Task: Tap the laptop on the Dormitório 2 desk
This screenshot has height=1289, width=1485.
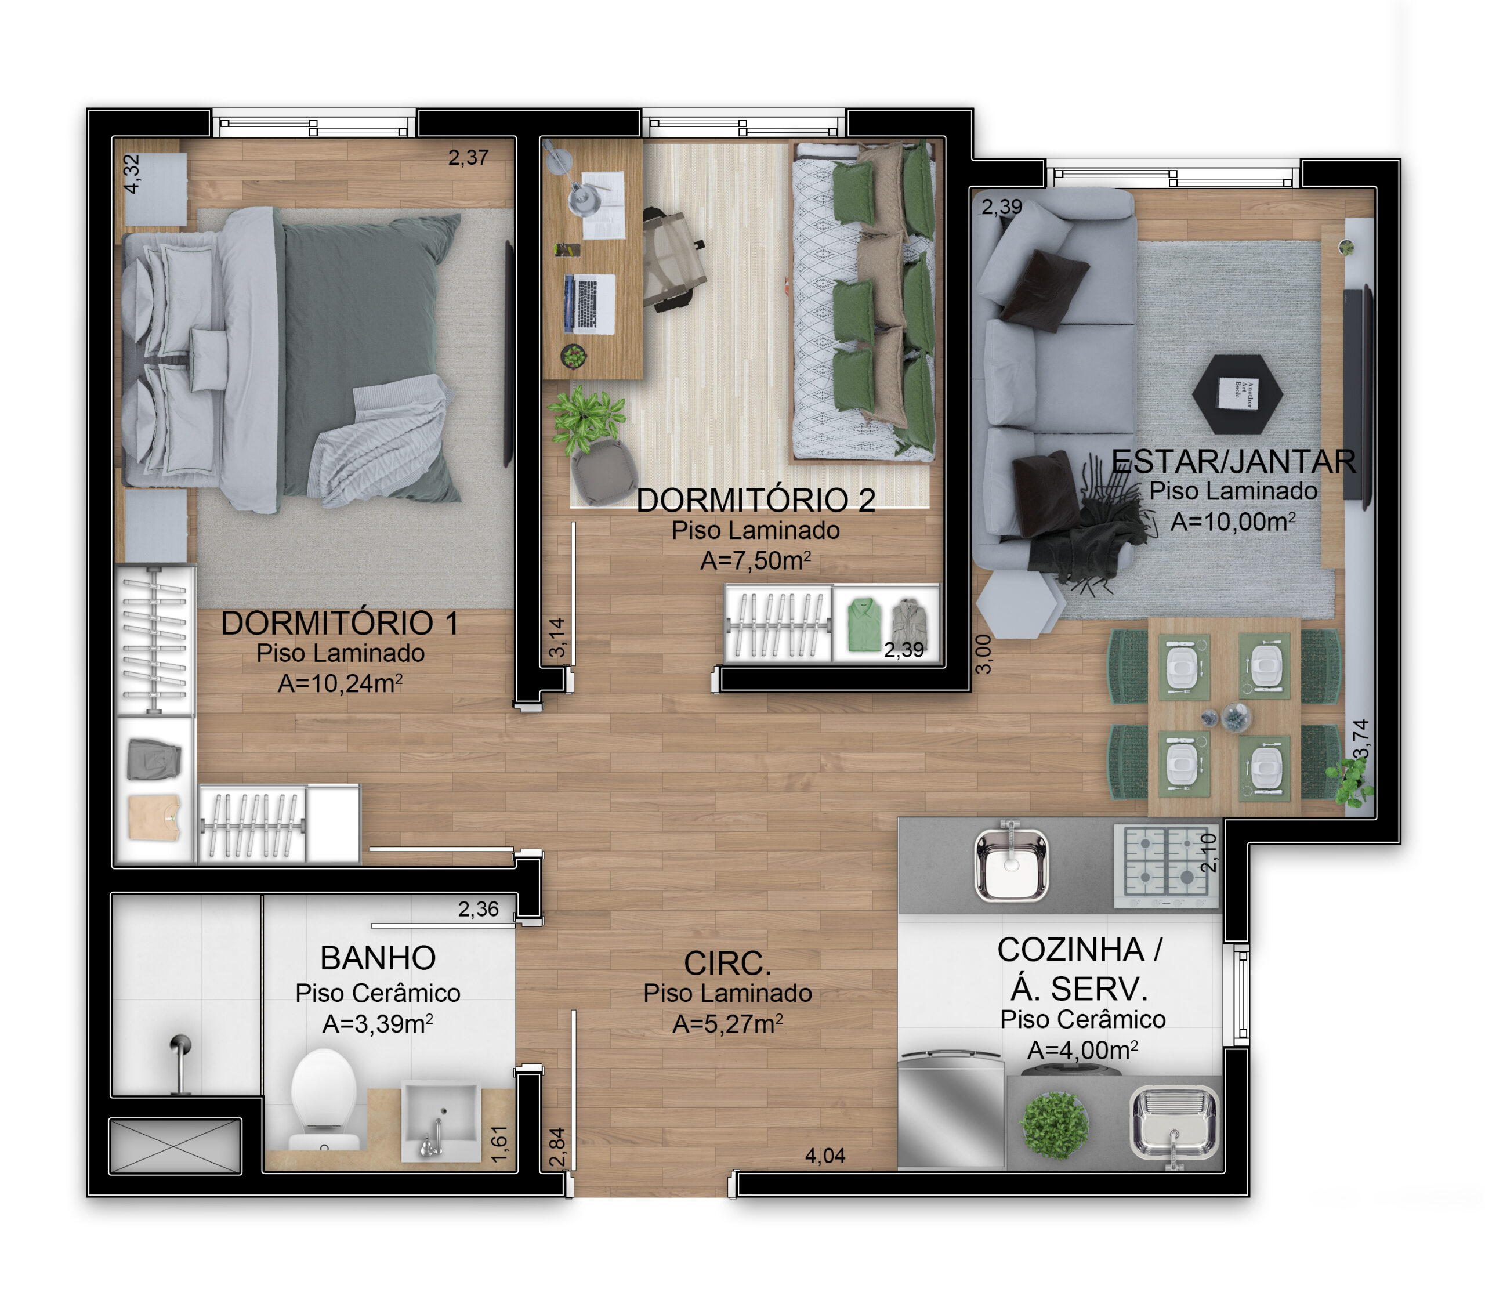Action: pos(590,303)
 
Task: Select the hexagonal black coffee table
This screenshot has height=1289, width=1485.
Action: pos(1237,394)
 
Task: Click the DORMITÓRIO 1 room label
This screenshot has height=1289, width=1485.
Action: pos(340,623)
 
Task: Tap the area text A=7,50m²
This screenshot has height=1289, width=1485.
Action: pos(756,560)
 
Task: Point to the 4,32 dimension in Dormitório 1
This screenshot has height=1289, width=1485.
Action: pos(132,174)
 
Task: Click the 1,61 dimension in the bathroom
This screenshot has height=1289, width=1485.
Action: pos(499,1144)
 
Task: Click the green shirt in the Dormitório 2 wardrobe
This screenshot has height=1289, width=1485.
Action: pos(864,625)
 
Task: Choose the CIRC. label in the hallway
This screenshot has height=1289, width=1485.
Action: pos(727,963)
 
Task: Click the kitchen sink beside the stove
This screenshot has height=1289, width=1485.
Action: pos(1010,861)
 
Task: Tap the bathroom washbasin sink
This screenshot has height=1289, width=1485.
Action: pos(441,1121)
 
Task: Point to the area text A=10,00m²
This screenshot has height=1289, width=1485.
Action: pos(1233,522)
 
